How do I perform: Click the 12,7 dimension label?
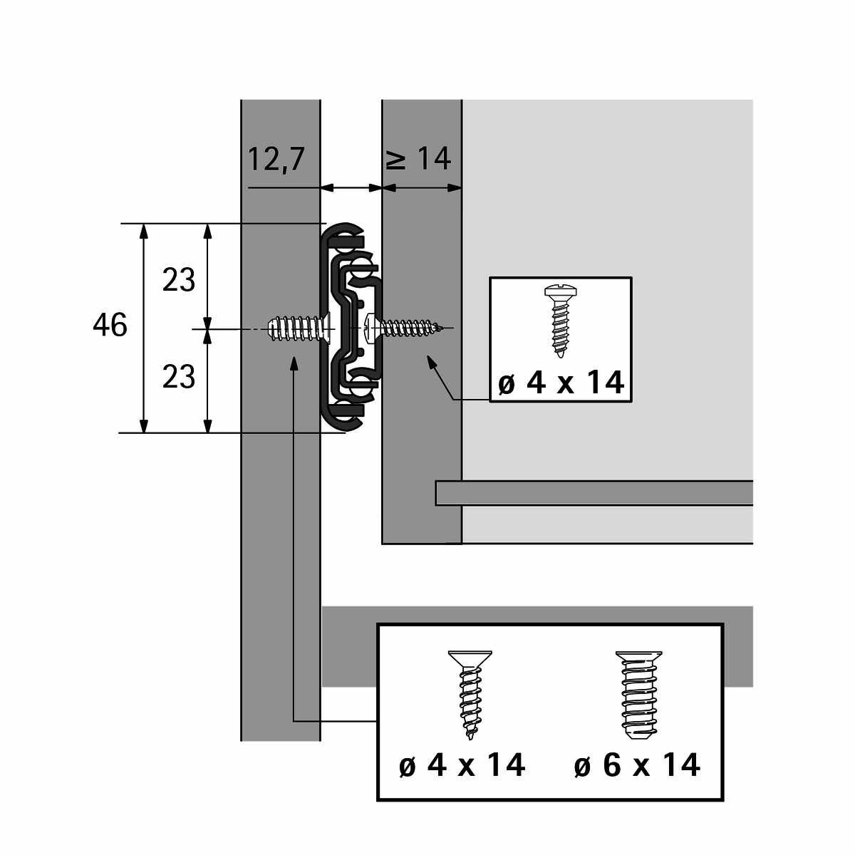(276, 160)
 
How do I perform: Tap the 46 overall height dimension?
(110, 325)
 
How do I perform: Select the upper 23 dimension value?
(178, 280)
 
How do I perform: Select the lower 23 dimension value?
(178, 377)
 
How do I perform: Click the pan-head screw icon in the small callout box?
(560, 321)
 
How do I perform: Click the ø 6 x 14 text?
(637, 765)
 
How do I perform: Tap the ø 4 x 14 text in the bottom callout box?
(462, 765)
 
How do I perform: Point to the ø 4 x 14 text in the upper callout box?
(561, 383)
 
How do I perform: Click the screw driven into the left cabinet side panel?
(301, 328)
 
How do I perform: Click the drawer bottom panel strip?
(594, 492)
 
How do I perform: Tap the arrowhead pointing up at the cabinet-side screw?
(294, 363)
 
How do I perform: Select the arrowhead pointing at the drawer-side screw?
(431, 362)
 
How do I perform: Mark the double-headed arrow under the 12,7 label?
(351, 187)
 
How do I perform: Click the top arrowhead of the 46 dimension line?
(143, 231)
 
